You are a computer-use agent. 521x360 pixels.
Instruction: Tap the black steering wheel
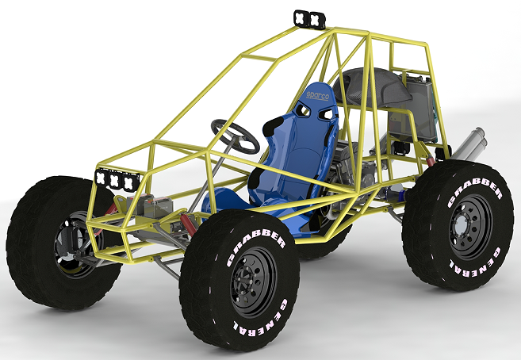[x=235, y=136]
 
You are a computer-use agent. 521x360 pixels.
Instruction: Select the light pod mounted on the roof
[x=310, y=18]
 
